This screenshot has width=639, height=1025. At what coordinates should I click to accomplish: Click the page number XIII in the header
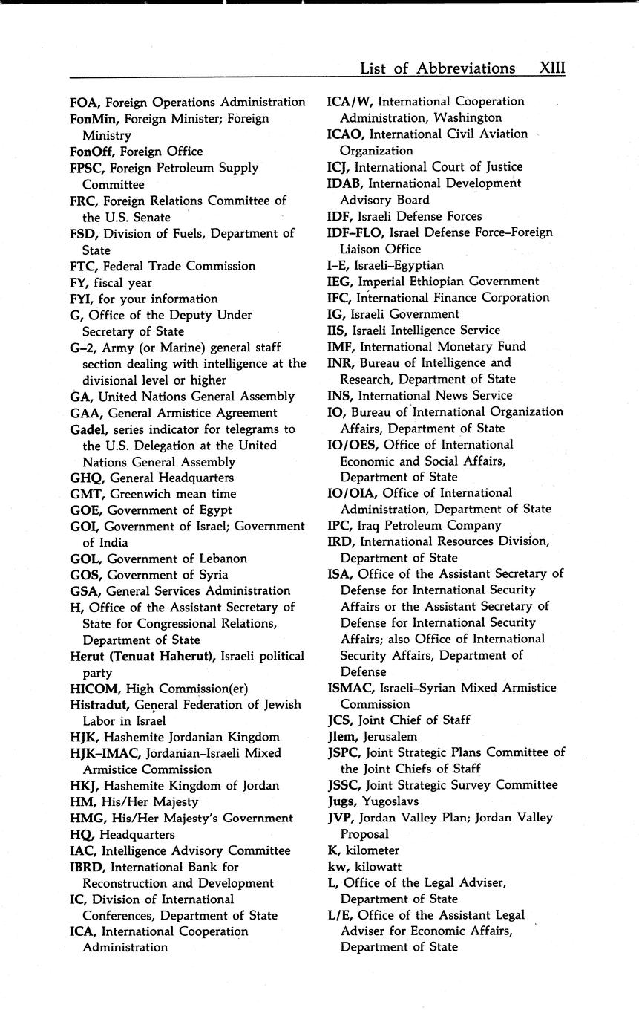(552, 68)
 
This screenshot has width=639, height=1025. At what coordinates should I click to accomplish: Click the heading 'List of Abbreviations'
(437, 68)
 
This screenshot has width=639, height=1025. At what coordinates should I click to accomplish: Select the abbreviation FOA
(83, 102)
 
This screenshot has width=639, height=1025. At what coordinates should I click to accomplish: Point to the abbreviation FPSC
(87, 168)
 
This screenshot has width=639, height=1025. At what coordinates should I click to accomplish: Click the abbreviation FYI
(81, 299)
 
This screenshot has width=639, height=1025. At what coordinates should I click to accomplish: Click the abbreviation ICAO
(345, 134)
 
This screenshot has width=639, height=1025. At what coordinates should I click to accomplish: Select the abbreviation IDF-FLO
(352, 232)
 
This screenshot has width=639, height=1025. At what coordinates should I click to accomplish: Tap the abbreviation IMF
(340, 346)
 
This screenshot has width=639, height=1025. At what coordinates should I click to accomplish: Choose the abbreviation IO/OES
(352, 445)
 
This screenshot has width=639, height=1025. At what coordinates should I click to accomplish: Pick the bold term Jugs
(341, 801)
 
